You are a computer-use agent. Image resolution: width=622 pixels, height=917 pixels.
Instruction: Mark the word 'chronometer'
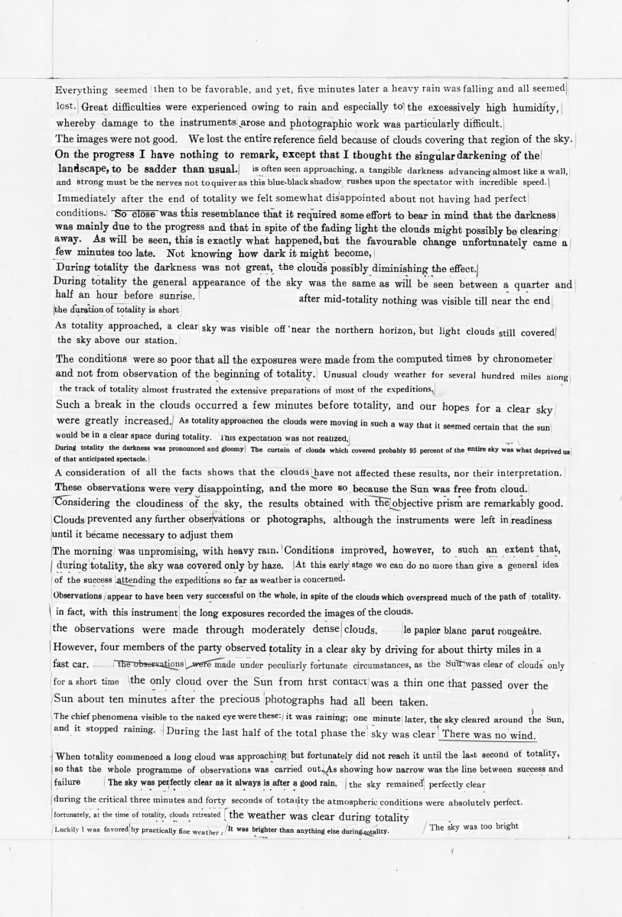(x=525, y=359)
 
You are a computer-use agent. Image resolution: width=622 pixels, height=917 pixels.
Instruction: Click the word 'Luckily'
(x=70, y=829)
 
